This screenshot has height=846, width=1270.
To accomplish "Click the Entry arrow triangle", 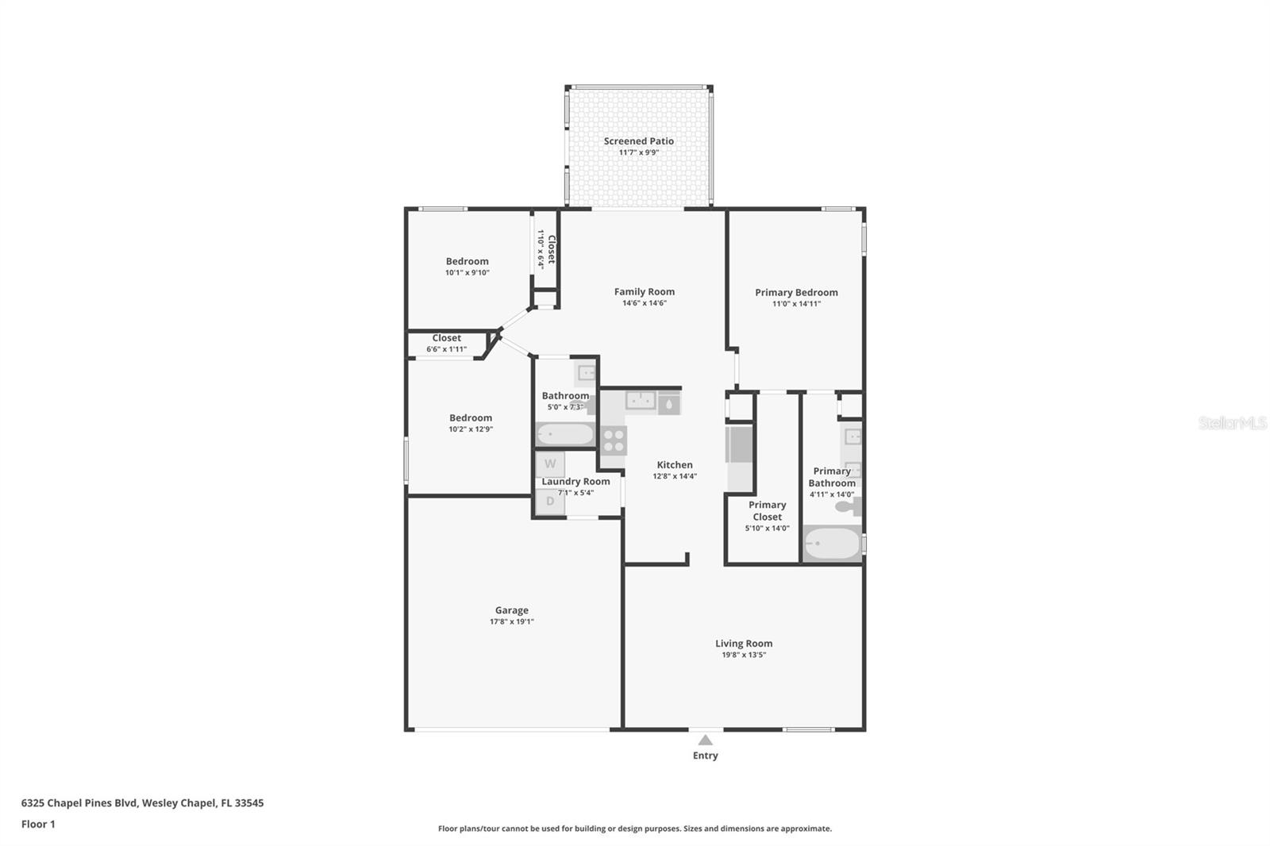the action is click(x=706, y=740).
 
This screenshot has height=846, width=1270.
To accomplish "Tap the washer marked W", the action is click(x=550, y=463).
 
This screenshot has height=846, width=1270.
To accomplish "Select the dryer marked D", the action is click(x=550, y=502).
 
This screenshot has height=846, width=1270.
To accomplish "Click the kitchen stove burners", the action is click(x=613, y=440).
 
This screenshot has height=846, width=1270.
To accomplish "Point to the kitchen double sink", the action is click(x=641, y=400).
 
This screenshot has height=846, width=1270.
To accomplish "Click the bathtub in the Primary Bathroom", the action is click(x=833, y=543).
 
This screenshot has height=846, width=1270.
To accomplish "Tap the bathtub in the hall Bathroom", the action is click(x=565, y=434).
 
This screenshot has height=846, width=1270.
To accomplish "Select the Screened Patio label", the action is click(x=639, y=141).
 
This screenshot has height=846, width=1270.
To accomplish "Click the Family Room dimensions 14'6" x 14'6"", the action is click(x=645, y=303).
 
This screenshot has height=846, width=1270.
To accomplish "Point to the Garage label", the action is click(x=512, y=610).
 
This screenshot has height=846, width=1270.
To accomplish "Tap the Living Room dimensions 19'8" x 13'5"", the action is click(x=744, y=655).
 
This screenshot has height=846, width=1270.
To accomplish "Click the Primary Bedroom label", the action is click(x=797, y=293).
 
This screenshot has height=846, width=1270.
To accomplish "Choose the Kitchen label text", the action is click(x=675, y=465).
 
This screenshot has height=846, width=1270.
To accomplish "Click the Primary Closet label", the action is click(x=767, y=511).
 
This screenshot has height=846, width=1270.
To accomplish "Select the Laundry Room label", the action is click(x=576, y=482).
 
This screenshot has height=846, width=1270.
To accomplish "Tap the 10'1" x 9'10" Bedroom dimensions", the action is click(x=468, y=273).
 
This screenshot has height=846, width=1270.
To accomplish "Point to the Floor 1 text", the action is click(x=38, y=825).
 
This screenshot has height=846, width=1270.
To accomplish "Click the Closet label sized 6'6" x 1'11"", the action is click(x=447, y=338).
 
